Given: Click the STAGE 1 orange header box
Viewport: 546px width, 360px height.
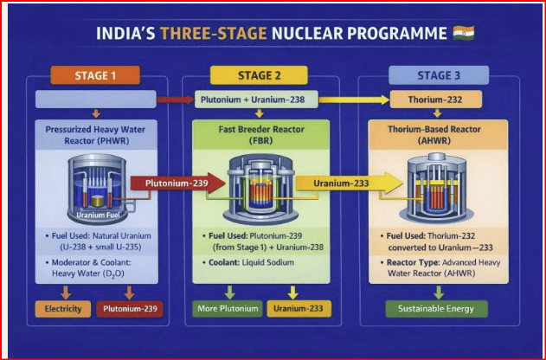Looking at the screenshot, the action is coord(95,75).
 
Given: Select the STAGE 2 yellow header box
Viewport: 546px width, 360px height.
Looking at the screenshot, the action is coord(259,75).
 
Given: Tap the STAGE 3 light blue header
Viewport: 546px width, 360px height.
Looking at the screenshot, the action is coord(439,75).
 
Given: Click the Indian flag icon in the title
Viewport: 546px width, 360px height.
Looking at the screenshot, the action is coord(464,33).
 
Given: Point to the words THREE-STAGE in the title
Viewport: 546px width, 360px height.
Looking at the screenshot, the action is coord(214,34).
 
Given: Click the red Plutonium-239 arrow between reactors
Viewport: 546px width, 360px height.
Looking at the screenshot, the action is coord(178,183).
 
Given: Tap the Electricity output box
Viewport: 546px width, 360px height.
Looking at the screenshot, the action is coord(63,309).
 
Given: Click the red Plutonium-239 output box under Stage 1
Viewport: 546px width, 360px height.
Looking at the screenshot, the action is coord(130,309).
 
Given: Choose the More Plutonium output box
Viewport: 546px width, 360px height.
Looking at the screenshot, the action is coord(228,309).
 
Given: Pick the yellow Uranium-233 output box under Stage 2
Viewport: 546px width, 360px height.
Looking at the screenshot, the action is coord(299,309).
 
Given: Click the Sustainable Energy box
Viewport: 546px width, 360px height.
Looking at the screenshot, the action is coord(436,309).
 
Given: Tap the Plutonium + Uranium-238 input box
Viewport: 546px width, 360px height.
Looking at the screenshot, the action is coord(256,100).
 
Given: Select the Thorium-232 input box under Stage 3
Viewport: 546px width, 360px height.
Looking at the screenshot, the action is coord(435,100).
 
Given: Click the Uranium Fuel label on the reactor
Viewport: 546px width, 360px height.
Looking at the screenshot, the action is coord(98,215).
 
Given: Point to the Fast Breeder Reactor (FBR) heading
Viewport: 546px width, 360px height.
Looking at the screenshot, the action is coord(261,135).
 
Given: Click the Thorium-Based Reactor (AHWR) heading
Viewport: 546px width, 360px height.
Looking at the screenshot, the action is coord(434,135).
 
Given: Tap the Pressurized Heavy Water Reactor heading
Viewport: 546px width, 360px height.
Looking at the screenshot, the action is coord(95,135).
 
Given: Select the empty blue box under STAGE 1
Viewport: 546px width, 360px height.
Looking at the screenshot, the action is coord(96,100).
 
